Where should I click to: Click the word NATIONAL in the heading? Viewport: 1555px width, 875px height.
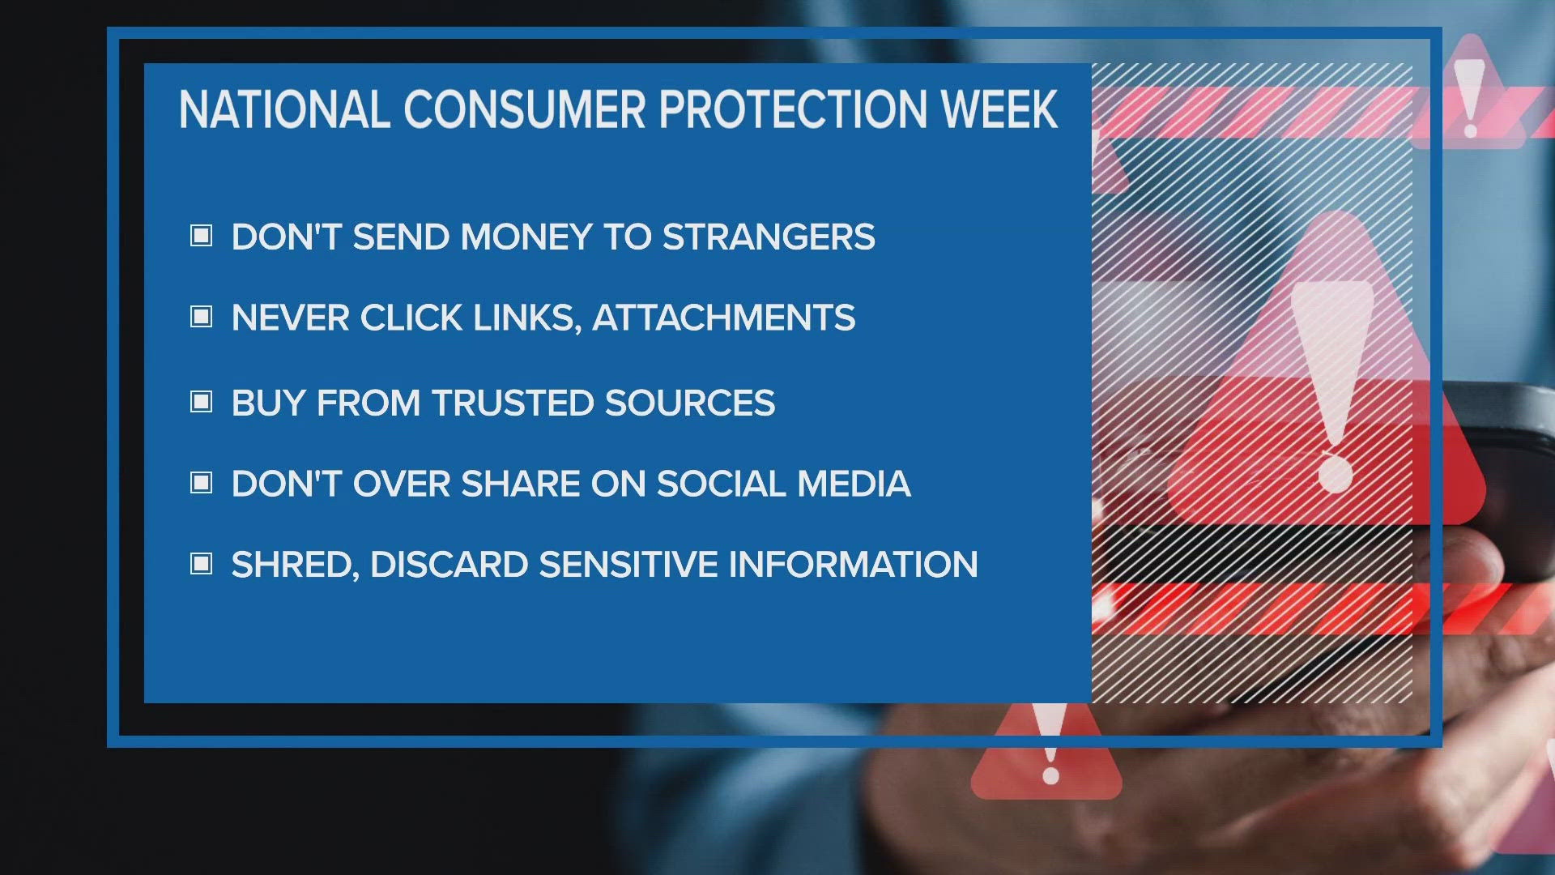(x=284, y=110)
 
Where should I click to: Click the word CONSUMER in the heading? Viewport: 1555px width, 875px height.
(x=524, y=110)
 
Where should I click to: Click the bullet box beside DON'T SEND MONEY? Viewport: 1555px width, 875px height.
(x=201, y=237)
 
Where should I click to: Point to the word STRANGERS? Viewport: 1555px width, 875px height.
(x=769, y=237)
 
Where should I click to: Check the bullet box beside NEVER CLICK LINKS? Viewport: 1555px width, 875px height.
(x=201, y=317)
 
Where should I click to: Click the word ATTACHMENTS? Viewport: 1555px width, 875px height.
(x=723, y=318)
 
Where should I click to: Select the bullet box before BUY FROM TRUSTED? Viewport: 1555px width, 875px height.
(x=201, y=402)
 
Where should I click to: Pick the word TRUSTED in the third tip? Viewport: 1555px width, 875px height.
(x=513, y=403)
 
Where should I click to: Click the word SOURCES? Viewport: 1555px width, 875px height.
(x=690, y=403)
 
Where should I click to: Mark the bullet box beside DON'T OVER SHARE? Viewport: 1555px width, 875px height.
(x=201, y=483)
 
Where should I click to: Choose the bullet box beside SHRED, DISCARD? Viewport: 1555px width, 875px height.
(x=201, y=563)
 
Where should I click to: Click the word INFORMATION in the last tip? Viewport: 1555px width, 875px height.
(x=853, y=564)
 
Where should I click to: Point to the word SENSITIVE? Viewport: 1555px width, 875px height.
(x=628, y=564)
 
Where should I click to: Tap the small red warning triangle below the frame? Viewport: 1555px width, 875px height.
(x=1046, y=758)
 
